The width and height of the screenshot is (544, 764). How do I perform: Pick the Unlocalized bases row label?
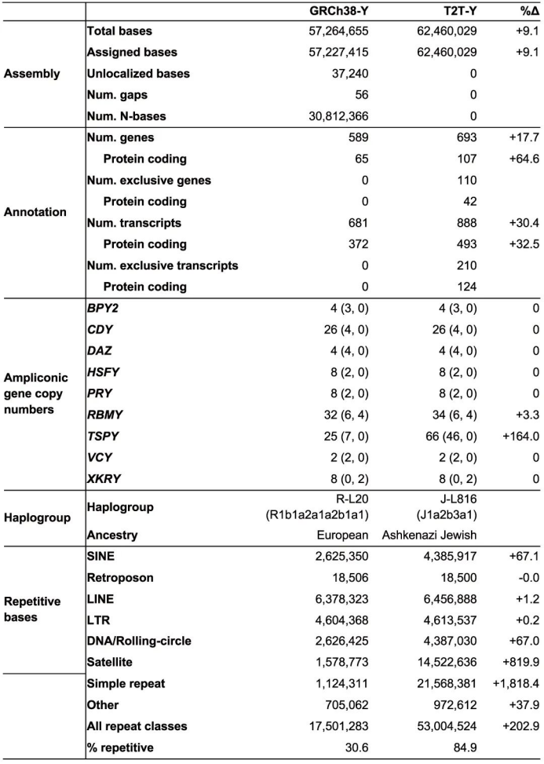(138, 74)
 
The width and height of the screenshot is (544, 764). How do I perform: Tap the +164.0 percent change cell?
(519, 456)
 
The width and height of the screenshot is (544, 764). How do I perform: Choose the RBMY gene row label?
(104, 435)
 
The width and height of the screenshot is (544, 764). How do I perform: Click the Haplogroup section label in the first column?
(37, 518)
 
